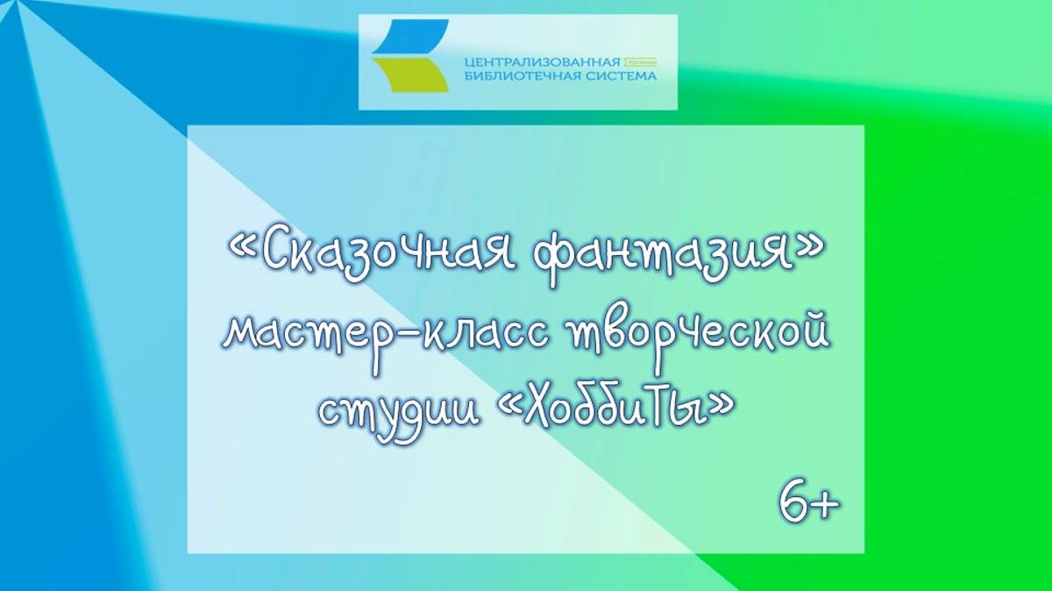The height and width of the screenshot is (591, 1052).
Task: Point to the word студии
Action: tap(398, 409)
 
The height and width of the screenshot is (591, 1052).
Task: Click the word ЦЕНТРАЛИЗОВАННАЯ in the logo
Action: tap(541, 63)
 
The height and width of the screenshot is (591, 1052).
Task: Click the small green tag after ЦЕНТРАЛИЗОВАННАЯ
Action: tap(640, 64)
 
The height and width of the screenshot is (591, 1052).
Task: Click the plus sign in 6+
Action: tap(825, 506)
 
